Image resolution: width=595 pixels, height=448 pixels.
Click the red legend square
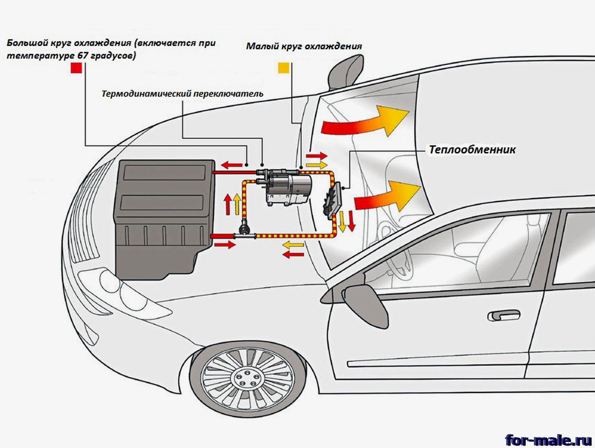coord(76,68)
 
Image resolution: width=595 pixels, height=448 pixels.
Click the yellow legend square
coord(283,68)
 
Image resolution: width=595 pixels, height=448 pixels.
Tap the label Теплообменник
coord(472,150)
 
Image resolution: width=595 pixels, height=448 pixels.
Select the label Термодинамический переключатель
coord(182,93)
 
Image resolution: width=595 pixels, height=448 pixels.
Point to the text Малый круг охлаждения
coord(304,46)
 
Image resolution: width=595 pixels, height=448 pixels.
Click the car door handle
coord(504,316)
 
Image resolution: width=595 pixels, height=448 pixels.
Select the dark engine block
coord(165,217)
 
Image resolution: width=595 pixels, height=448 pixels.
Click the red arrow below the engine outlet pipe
coord(225,245)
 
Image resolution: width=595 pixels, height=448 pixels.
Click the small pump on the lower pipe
coord(244,227)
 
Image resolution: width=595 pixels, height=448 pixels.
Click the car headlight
coord(112,285)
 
